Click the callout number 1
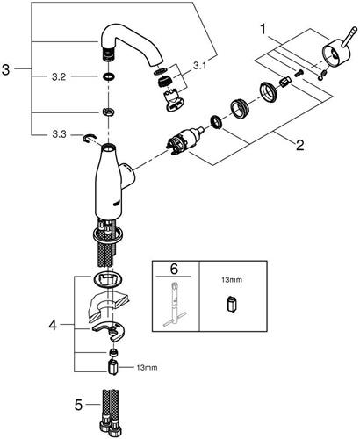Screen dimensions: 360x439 (263, 30)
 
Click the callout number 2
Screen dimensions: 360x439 (299, 145)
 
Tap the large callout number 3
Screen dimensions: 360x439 (5, 69)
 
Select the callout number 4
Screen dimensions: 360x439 (53, 325)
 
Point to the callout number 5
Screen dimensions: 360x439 (79, 405)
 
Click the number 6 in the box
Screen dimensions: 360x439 (174, 270)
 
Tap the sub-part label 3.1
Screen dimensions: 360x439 (199, 66)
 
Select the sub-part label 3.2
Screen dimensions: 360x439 (59, 77)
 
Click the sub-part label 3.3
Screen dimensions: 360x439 (59, 134)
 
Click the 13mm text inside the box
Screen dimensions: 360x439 (233, 280)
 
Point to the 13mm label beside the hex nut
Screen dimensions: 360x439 (148, 367)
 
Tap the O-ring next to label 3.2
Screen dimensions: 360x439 (109, 77)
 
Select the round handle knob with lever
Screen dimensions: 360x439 (337, 49)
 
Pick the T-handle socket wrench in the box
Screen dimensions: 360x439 (175, 305)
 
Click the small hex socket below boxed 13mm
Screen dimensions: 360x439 (231, 305)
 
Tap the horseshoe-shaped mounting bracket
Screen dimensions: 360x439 (109, 330)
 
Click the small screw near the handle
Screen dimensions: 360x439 (299, 73)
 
